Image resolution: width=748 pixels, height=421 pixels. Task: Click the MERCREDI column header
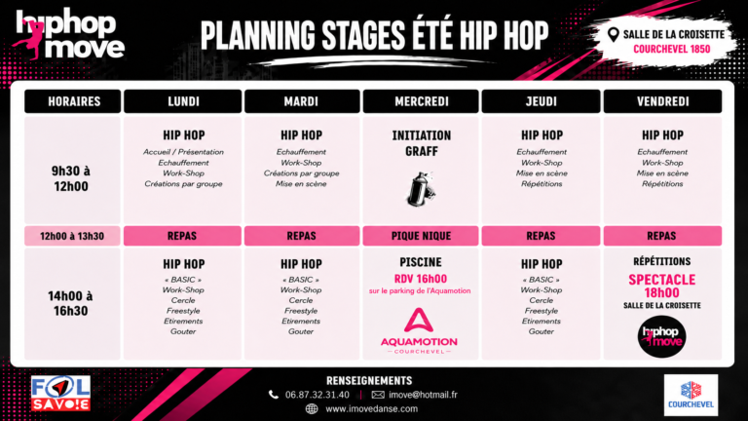coord(421,101)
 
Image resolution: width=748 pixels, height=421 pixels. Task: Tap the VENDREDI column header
coord(662,101)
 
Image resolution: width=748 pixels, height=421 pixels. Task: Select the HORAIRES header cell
coord(72,101)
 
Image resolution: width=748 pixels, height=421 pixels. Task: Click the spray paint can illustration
coord(421,189)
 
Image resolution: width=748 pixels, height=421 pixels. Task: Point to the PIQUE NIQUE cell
coord(421,236)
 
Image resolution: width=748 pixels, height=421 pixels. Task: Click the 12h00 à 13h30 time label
coord(72,236)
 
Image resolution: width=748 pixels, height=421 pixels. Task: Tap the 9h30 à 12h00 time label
coord(71,178)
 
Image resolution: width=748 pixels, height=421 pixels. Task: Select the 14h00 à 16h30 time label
coord(70,303)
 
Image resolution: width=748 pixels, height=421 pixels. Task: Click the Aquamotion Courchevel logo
coord(419,330)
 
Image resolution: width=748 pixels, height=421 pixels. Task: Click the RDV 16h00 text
coord(421,279)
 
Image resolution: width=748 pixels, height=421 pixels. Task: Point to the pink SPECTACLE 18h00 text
coord(661,286)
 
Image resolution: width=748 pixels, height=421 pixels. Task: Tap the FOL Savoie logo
coord(60,394)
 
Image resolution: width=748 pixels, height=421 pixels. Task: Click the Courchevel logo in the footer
coord(691,395)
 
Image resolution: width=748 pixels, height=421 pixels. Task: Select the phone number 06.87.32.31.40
coord(318,395)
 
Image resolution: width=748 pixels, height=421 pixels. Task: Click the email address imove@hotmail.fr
coord(423,395)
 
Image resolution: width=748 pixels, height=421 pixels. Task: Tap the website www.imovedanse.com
coord(372,408)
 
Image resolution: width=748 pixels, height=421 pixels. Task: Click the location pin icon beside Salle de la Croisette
coord(614,34)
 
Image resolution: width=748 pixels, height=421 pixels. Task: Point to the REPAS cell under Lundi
coord(182,236)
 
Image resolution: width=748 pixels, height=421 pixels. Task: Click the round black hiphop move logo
coord(661,336)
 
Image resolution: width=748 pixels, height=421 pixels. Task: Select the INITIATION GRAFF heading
coord(421,143)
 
